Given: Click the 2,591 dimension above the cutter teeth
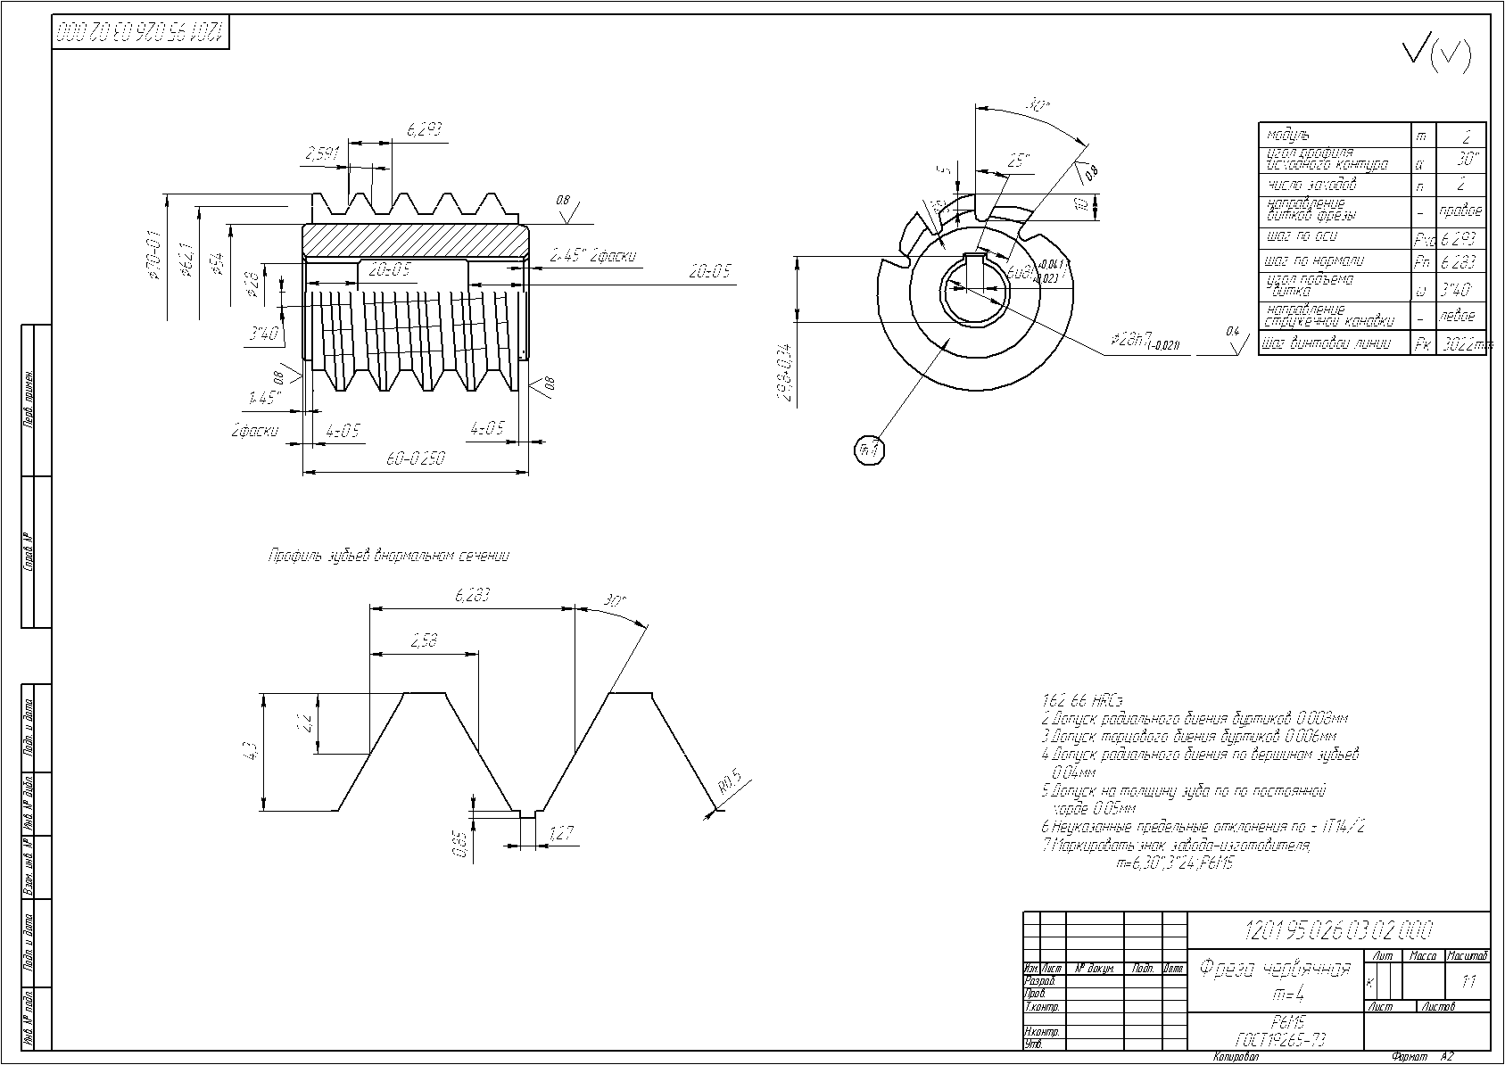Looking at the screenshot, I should [x=322, y=154].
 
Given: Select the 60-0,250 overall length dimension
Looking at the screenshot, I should [x=416, y=459].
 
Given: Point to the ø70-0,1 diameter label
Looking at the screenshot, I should [x=154, y=255].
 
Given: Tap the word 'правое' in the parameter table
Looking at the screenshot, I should [x=1460, y=211].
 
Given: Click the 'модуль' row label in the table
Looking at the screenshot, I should [x=1288, y=135].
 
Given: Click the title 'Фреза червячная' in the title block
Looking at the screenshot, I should [x=1275, y=968].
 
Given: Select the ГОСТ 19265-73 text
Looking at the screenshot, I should [x=1276, y=1039].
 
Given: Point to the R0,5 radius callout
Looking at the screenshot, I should [x=730, y=782].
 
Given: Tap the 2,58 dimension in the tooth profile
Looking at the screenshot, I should [x=424, y=641].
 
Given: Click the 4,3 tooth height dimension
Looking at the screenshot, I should [x=251, y=751].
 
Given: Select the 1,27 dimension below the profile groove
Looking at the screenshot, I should [x=560, y=834].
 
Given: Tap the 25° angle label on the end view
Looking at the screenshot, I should [x=1019, y=161].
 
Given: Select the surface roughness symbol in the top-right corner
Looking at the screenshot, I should [x=1436, y=55].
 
